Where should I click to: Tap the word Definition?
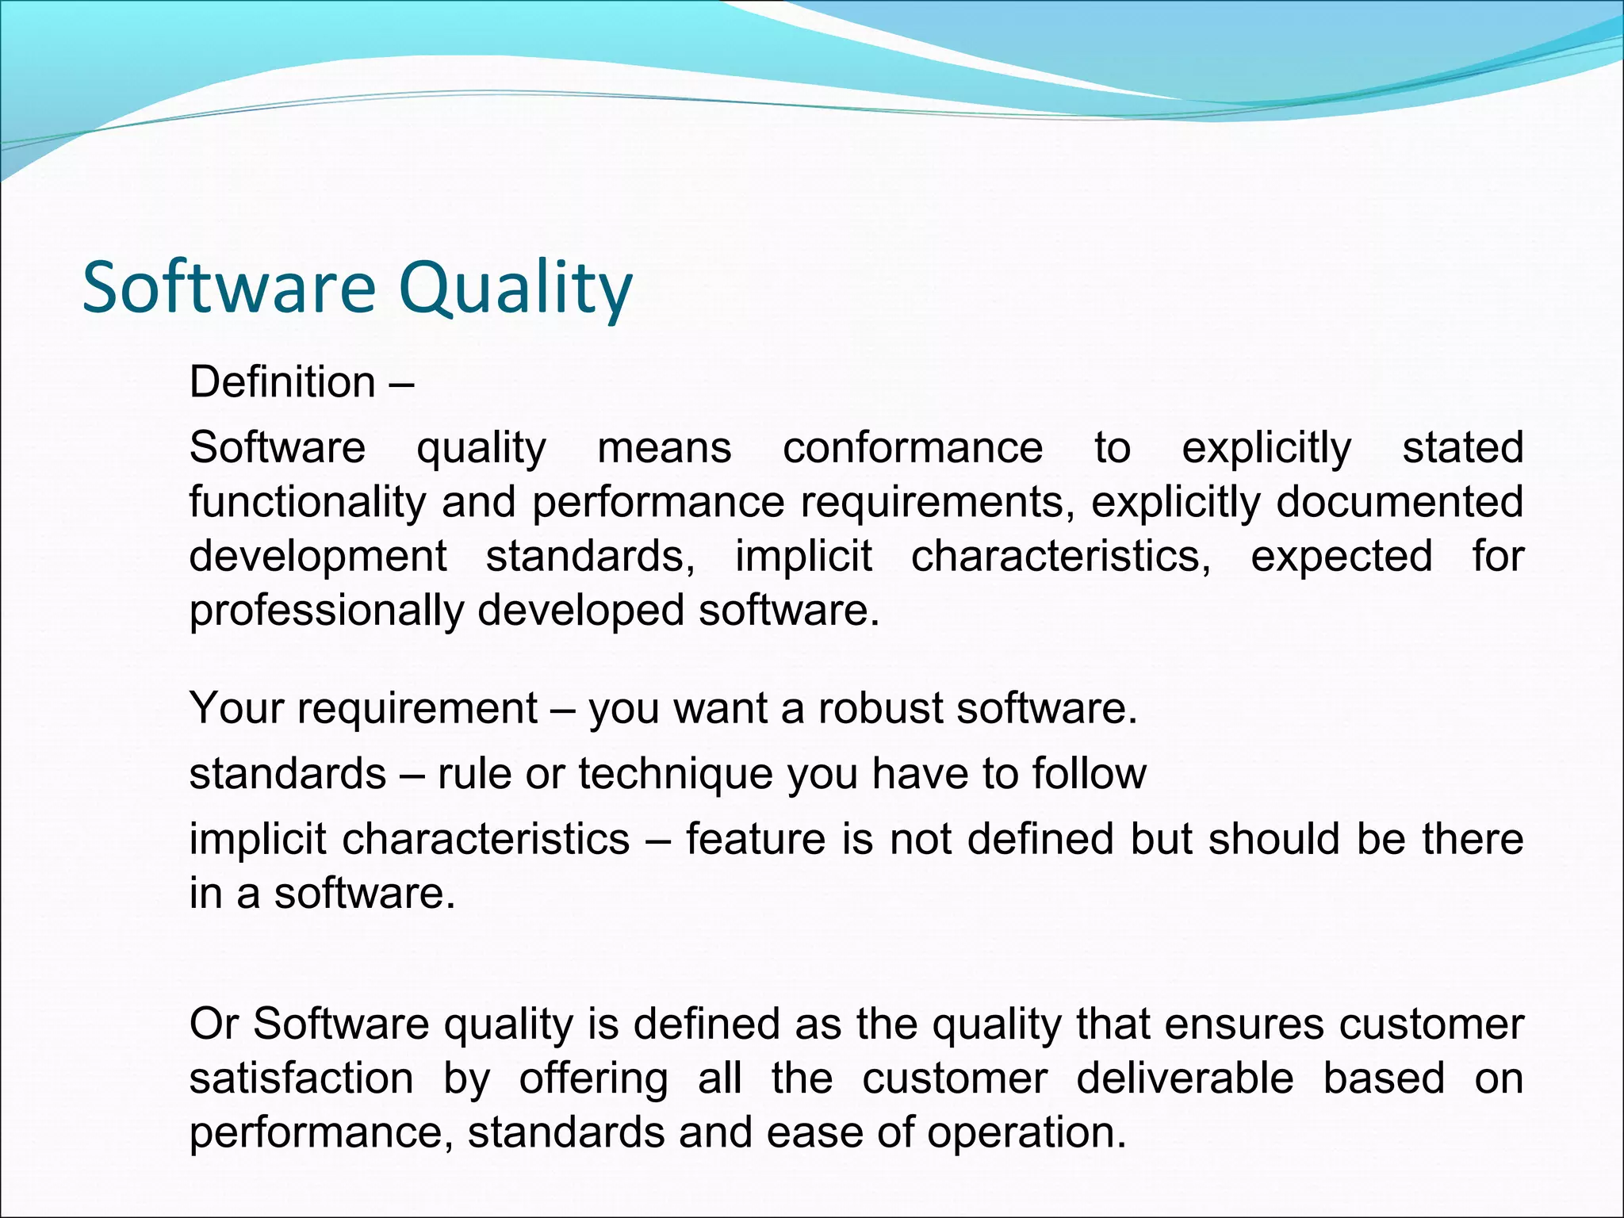pos(282,382)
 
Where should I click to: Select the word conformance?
pos(913,448)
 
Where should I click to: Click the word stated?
pos(1463,448)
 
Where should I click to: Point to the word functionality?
pos(307,503)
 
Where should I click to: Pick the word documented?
pos(1400,503)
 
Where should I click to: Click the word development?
pos(318,557)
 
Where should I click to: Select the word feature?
pos(755,839)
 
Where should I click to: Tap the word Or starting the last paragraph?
pos(213,1024)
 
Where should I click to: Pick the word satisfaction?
pos(301,1078)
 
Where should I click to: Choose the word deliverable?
pos(1185,1078)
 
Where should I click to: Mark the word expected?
pos(1342,557)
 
